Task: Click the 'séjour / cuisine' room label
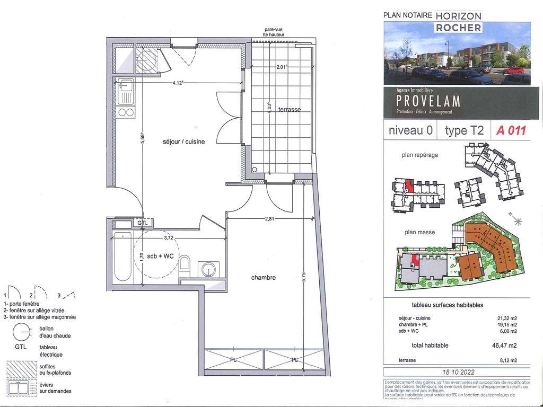(x=183, y=141)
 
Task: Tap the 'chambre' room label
(x=264, y=277)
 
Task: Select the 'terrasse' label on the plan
(x=290, y=109)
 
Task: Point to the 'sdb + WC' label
(x=161, y=256)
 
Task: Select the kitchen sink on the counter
(x=126, y=94)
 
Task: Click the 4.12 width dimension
(x=181, y=83)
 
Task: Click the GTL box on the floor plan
(x=142, y=223)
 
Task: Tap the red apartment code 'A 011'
(x=511, y=130)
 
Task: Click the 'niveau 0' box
(x=410, y=131)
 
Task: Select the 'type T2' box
(x=464, y=131)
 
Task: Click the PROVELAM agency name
(x=428, y=101)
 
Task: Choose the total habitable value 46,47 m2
(x=494, y=345)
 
